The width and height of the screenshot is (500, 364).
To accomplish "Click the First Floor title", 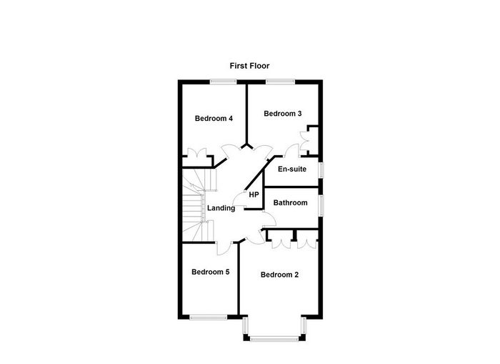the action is (249, 66).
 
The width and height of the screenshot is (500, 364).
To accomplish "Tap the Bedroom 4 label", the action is (214, 119).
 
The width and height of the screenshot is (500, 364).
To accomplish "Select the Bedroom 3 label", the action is (283, 114).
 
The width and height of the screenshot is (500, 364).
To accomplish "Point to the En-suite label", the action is (292, 169).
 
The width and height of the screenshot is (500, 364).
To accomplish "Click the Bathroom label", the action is (290, 203).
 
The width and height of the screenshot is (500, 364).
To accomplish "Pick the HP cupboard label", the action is (254, 195).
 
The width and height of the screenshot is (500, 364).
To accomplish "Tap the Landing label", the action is (221, 208).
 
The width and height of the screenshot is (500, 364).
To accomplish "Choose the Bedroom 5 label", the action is (211, 272).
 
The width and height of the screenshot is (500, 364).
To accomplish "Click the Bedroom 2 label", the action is (279, 275).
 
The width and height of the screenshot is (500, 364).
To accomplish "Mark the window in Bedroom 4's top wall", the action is (223, 82).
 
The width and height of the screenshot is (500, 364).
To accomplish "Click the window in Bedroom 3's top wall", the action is (280, 82).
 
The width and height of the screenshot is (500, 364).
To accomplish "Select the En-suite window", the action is (321, 169).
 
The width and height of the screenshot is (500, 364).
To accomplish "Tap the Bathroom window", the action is (321, 205).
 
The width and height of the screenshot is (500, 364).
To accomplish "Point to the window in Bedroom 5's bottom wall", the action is (209, 318).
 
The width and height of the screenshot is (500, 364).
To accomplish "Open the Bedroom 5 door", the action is (224, 248).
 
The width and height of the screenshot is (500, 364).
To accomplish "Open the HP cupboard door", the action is (239, 200).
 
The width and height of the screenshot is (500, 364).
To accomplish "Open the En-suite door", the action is (291, 150).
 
